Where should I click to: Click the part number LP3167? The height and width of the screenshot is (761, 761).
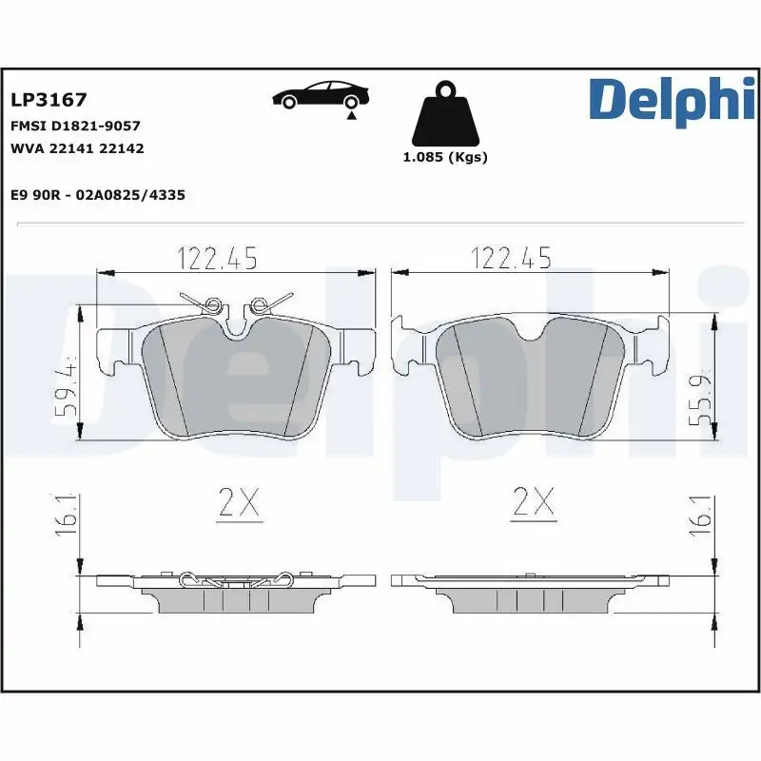point(49,100)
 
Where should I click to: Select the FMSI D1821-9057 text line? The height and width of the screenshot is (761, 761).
point(75,126)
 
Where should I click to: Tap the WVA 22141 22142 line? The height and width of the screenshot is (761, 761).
point(77,148)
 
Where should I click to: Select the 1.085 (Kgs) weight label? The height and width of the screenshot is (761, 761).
point(445,158)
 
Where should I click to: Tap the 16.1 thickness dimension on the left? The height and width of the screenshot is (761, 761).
point(68,515)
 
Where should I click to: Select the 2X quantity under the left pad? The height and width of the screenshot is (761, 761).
point(238,502)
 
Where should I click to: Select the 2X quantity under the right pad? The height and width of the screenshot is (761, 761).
point(533,502)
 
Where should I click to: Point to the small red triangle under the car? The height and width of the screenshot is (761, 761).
point(351,115)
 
